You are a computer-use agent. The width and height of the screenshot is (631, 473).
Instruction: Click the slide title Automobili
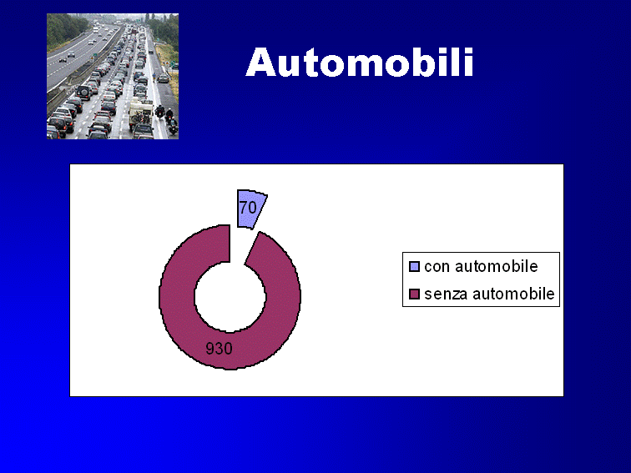pos(360,62)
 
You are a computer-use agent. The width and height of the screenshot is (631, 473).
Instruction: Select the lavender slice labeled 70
pos(250,209)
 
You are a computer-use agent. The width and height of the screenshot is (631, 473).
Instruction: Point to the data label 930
pos(219,349)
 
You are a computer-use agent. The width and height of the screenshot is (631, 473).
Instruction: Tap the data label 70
pos(248,208)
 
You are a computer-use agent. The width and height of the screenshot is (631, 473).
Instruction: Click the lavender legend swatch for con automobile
pos(414,267)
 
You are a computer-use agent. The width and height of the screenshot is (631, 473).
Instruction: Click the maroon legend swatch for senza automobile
pos(414,294)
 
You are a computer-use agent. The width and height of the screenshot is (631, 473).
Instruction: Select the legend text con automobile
pos(481,267)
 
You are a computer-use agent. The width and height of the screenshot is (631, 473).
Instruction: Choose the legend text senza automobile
pos(489,294)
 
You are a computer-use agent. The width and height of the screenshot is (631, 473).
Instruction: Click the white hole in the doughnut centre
pos(230,297)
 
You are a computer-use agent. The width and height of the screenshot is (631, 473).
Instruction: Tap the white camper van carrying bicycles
pos(140,112)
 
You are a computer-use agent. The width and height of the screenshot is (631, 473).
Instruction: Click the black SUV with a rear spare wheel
pos(84,93)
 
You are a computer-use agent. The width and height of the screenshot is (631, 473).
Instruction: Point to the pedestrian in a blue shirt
pos(154,76)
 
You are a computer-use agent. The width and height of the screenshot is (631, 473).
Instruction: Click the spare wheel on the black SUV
pos(84,93)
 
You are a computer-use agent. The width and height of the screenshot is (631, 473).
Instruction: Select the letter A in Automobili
pos(260,63)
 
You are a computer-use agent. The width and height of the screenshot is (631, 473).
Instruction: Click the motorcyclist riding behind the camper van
pos(159,111)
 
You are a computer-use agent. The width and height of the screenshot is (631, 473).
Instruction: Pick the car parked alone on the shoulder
pos(163,78)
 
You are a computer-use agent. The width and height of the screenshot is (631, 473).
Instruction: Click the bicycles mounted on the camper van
pos(140,118)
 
